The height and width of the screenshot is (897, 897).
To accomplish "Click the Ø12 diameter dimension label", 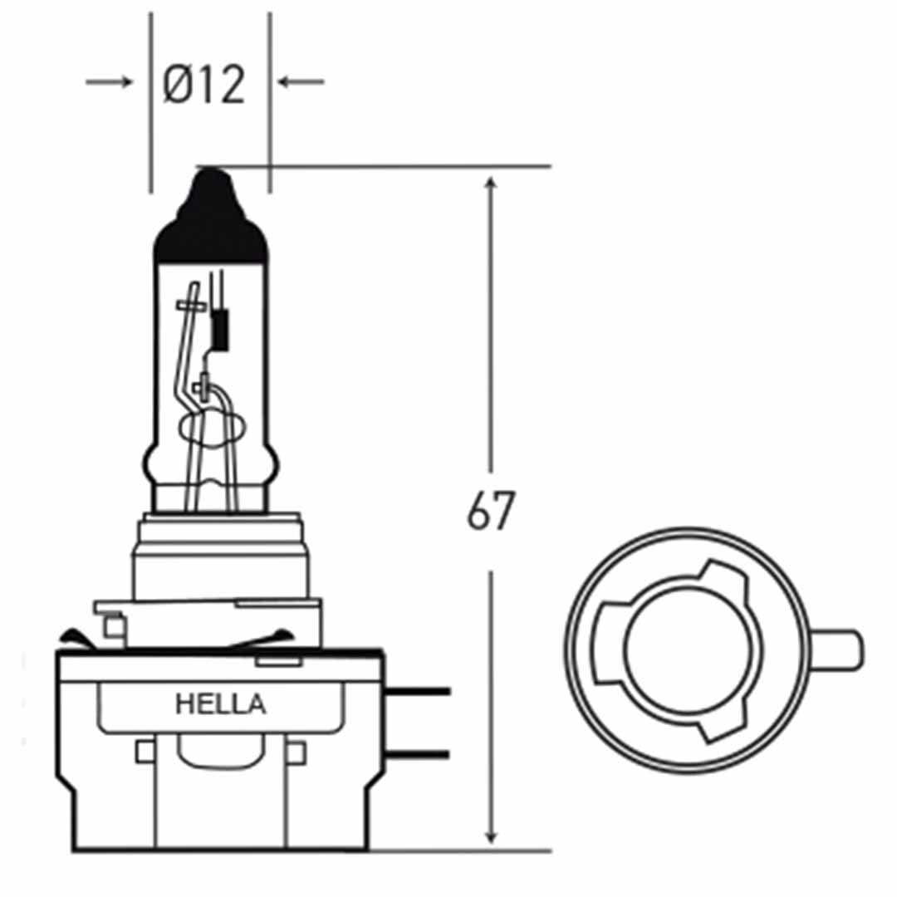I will [204, 84].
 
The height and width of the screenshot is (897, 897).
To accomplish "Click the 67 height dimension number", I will [491, 512].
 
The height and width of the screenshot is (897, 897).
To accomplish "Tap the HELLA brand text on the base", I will [221, 705].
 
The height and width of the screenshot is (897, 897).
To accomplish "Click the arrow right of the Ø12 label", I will [301, 81].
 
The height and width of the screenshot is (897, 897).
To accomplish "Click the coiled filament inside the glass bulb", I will [221, 328].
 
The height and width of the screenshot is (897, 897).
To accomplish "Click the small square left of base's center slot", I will [145, 752].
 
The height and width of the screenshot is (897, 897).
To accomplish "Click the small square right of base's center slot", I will [296, 752].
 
